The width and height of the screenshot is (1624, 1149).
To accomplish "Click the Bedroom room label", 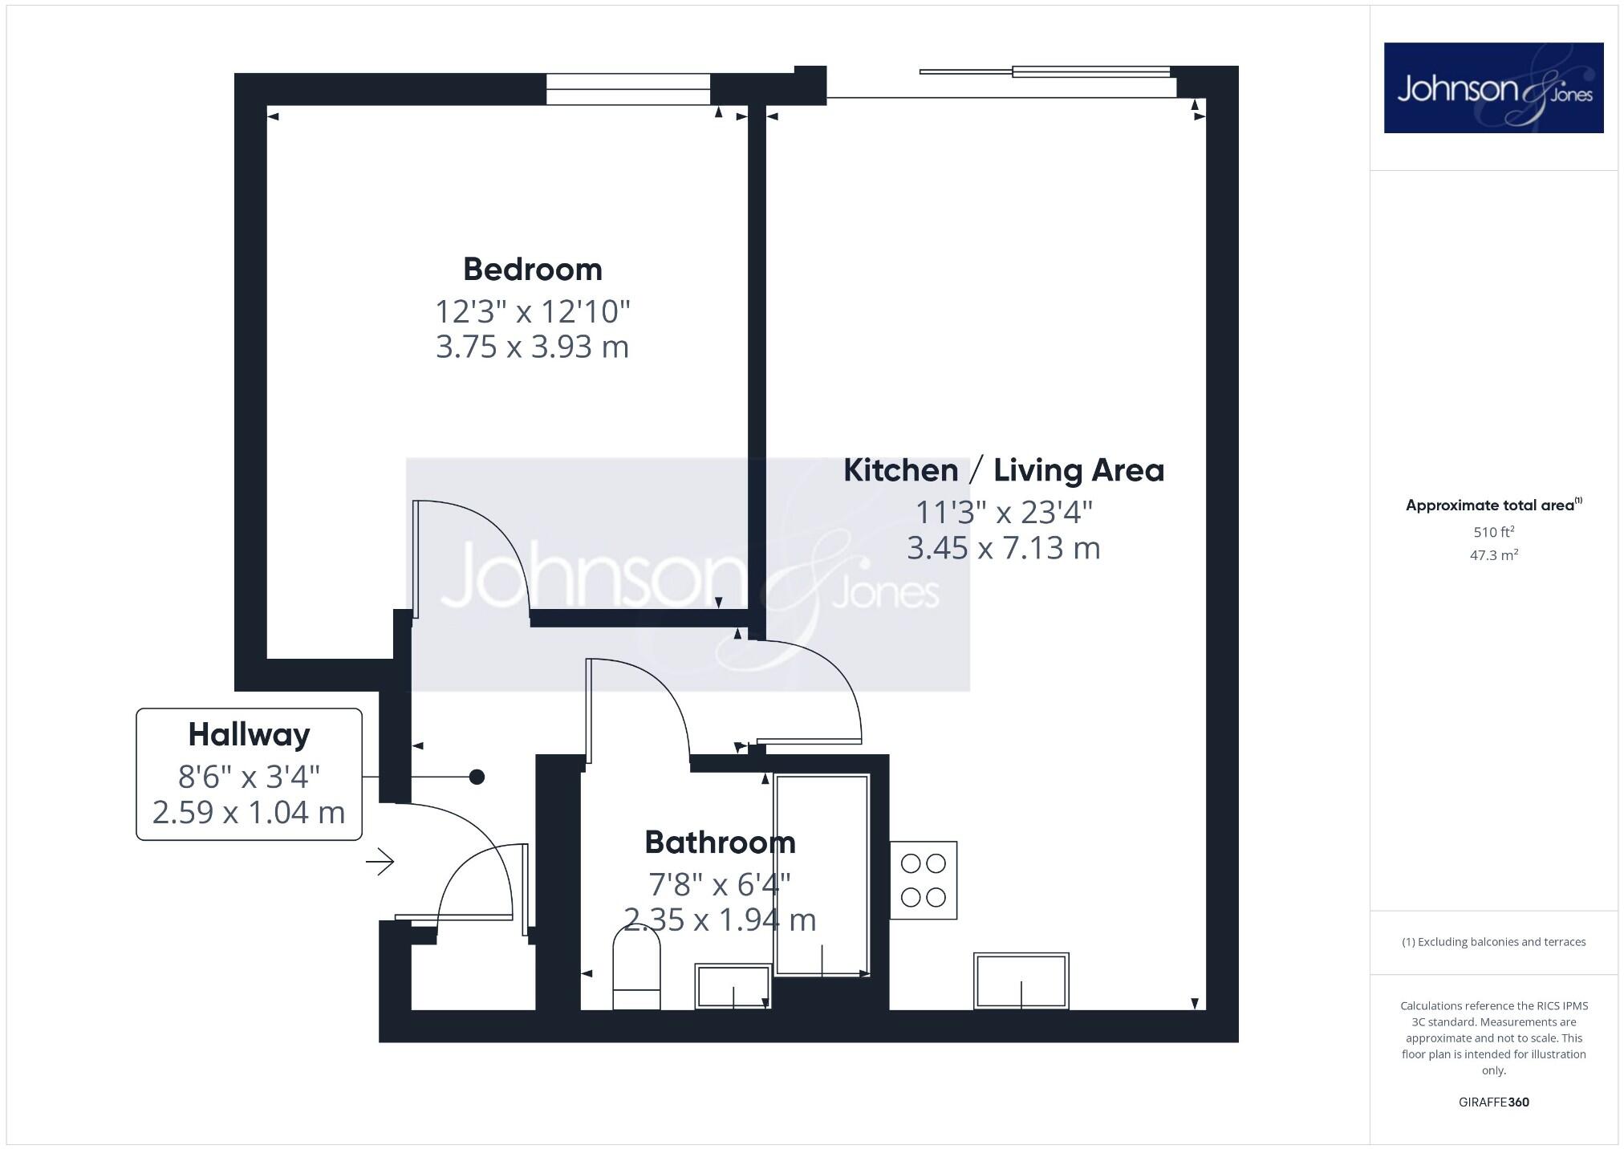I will pyautogui.click(x=532, y=270).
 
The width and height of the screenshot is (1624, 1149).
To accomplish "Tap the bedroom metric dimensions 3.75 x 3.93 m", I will pyautogui.click(x=532, y=347).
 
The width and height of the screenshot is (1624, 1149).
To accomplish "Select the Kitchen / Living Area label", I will pyautogui.click(x=1003, y=470).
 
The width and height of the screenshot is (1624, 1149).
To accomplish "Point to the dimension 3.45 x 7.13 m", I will pyautogui.click(x=1003, y=548).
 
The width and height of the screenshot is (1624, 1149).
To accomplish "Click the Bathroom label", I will pyautogui.click(x=720, y=842).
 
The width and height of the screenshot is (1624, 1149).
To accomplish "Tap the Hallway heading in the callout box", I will pyautogui.click(x=249, y=735).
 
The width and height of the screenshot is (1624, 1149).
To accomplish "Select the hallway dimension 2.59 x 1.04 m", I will pyautogui.click(x=249, y=813).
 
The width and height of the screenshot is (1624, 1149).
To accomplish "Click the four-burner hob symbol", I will pyautogui.click(x=923, y=880).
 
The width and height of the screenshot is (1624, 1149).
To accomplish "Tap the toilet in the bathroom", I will pyautogui.click(x=636, y=968).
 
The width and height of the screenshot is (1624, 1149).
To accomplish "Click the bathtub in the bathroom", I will pyautogui.click(x=822, y=875).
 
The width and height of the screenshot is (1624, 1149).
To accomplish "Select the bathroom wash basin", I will pyautogui.click(x=733, y=986).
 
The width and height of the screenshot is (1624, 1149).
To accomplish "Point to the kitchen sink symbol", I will pyautogui.click(x=1021, y=981).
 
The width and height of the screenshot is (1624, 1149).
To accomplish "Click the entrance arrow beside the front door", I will pyautogui.click(x=380, y=863).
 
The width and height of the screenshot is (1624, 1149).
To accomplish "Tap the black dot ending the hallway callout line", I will pyautogui.click(x=477, y=777).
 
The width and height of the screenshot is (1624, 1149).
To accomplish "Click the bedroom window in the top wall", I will pyautogui.click(x=628, y=89).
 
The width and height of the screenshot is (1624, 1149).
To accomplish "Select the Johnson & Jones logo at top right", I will pyautogui.click(x=1493, y=88).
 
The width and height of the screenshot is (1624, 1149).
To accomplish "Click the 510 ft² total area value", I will pyautogui.click(x=1493, y=532).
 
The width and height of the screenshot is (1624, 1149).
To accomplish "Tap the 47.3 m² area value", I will pyautogui.click(x=1493, y=555).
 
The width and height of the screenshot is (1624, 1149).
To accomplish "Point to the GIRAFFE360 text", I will pyautogui.click(x=1493, y=1102).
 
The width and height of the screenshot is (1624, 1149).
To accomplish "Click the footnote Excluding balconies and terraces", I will pyautogui.click(x=1493, y=942).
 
